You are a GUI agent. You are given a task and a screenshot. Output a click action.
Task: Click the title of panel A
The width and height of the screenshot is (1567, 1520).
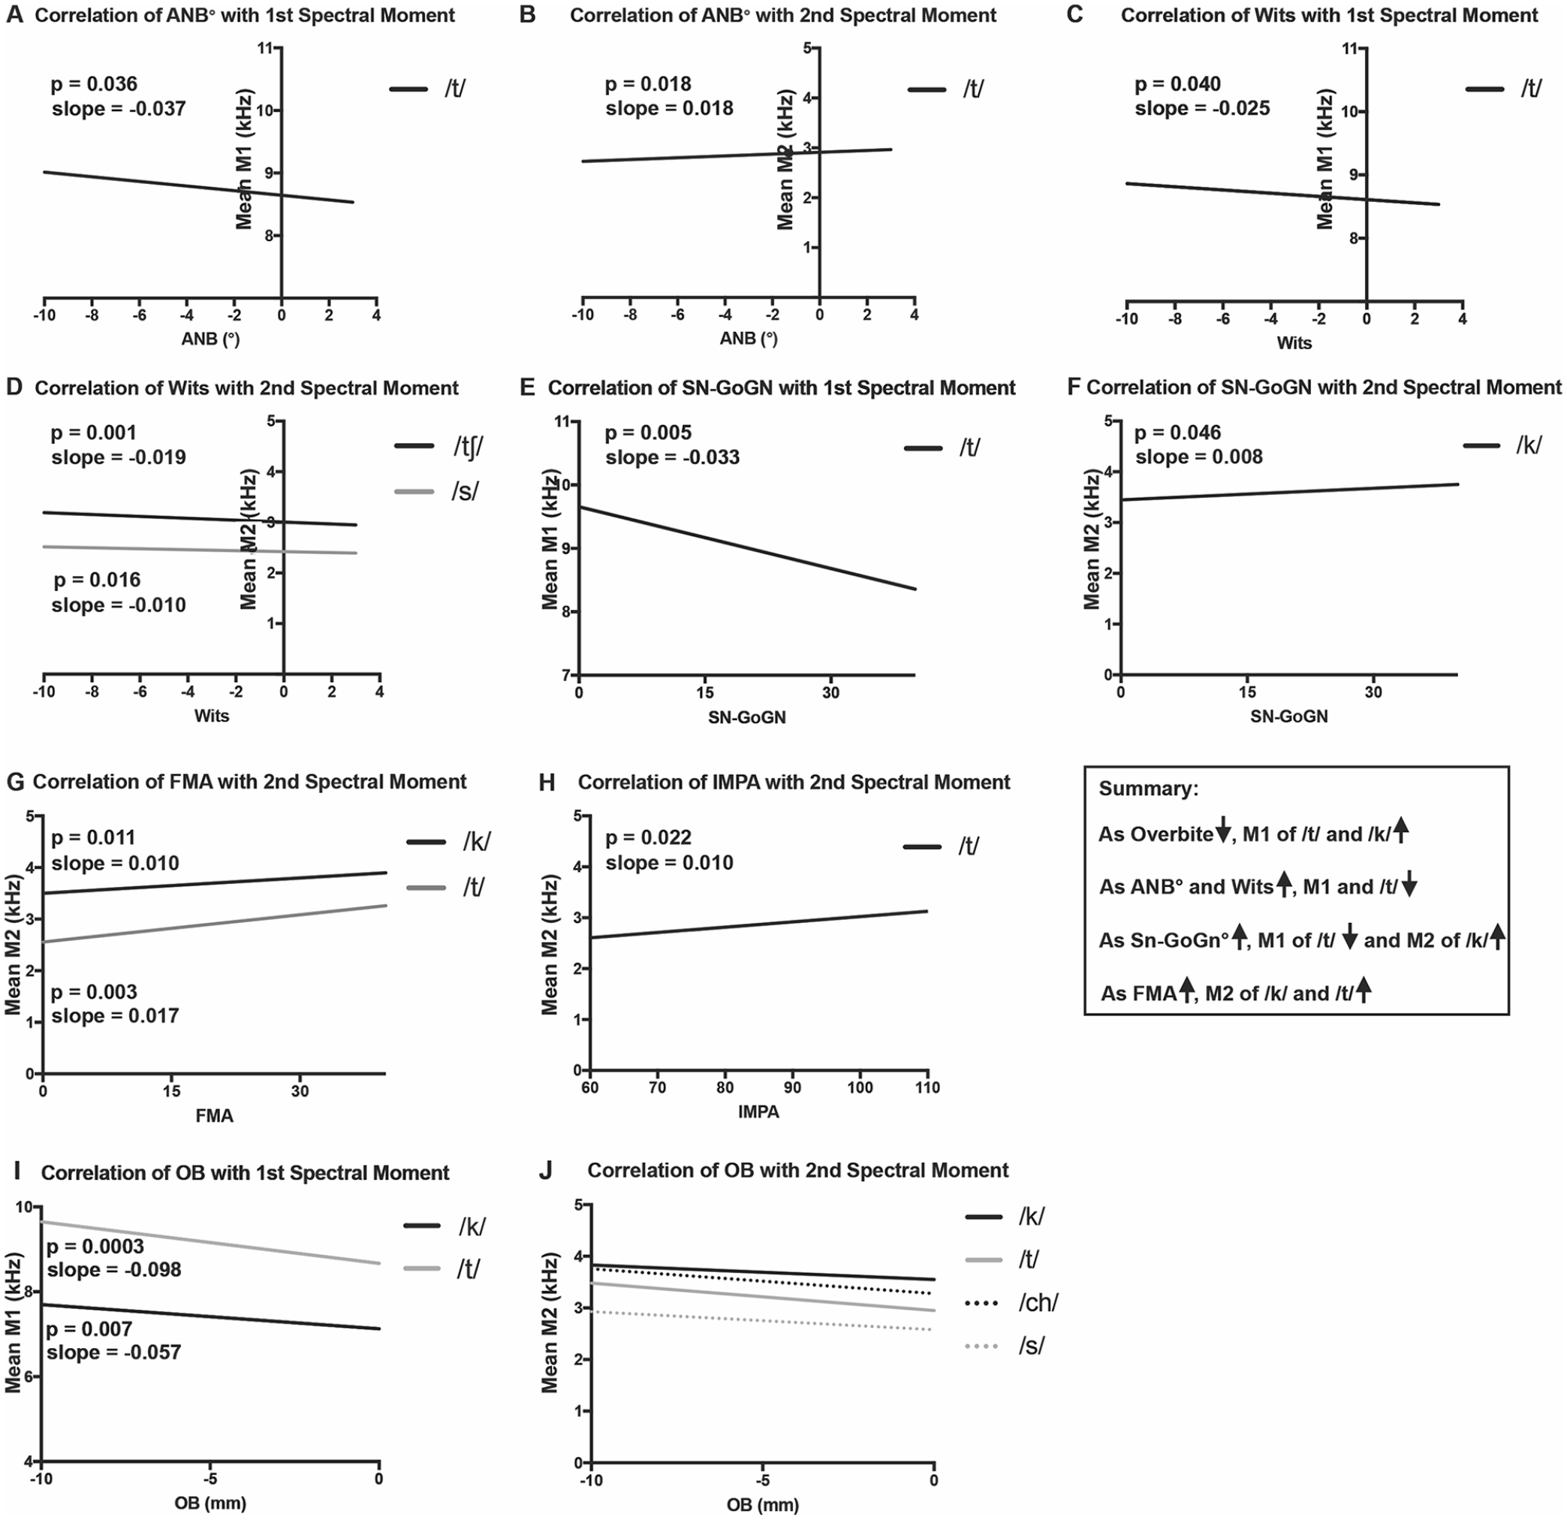tap(246, 15)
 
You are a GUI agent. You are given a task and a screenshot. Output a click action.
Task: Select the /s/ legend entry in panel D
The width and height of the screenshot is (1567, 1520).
tap(437, 491)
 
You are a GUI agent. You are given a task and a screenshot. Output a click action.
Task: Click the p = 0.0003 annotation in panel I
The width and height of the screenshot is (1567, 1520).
tap(95, 1246)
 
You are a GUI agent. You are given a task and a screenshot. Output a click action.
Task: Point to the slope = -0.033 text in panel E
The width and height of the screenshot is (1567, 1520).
tap(672, 457)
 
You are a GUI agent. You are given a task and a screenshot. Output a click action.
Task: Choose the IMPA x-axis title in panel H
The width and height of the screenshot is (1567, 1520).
tap(758, 1111)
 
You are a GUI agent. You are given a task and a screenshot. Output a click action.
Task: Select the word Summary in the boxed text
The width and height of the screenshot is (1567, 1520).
tap(1149, 789)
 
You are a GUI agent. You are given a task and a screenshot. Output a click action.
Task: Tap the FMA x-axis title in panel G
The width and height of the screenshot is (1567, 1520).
tap(214, 1115)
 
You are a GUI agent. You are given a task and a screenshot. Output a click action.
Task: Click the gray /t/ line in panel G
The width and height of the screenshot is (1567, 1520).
tap(215, 924)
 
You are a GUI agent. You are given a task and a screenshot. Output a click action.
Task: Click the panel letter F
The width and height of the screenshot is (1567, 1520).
tap(1074, 388)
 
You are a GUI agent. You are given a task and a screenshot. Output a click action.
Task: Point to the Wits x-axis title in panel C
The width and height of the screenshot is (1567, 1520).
tap(1294, 343)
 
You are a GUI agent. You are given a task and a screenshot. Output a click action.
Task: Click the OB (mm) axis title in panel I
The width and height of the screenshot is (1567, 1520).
tap(210, 1503)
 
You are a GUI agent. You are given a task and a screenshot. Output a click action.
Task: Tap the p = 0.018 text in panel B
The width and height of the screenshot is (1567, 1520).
tap(649, 84)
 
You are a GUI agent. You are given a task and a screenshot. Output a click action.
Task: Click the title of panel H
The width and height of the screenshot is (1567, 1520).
tap(794, 782)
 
